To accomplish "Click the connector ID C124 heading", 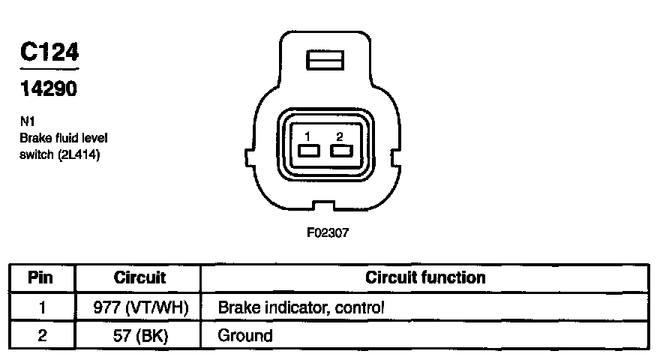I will [49, 53].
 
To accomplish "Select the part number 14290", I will [49, 88].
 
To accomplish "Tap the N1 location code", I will [27, 122].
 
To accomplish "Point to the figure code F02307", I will [328, 232].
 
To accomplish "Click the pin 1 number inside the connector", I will [307, 136].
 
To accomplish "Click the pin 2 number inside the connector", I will [340, 136].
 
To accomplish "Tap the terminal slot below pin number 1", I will [307, 151].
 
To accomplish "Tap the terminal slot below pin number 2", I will [340, 151].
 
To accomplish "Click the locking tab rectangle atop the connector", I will [324, 61].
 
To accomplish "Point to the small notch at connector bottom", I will [324, 205].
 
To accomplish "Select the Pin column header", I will [41, 277].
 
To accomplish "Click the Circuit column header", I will [139, 277].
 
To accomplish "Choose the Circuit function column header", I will [425, 277].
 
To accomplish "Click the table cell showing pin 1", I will [41, 307].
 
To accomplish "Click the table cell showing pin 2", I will [41, 335].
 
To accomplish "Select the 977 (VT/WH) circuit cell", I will [139, 307].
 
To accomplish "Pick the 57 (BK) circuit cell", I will [139, 335].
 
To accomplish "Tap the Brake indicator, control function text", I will [301, 307].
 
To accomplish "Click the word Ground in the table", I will [244, 335].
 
